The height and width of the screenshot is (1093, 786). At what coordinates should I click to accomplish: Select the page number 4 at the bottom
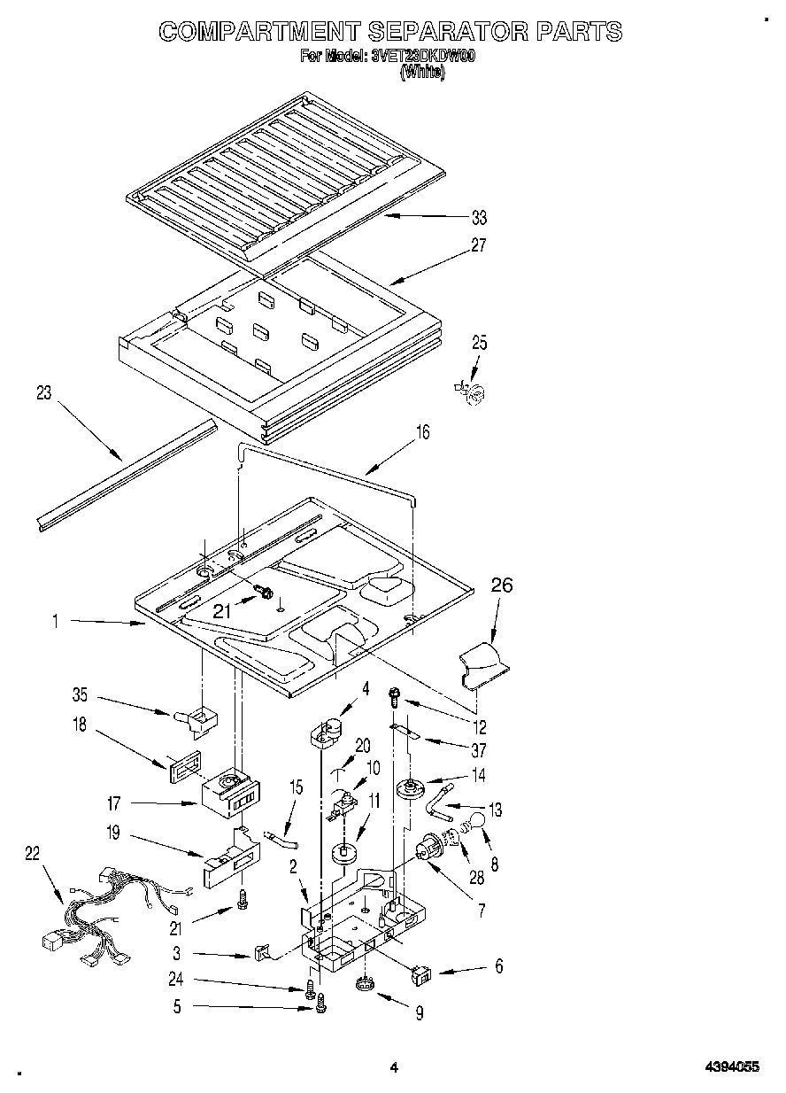(395, 1068)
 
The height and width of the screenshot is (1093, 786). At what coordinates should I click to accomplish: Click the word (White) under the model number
(422, 74)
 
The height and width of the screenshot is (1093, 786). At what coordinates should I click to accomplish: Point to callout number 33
(479, 217)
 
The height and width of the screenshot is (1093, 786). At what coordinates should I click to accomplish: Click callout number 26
(501, 586)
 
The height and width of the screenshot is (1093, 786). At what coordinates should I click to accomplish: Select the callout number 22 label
(33, 852)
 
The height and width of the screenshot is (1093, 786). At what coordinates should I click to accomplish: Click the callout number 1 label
(55, 622)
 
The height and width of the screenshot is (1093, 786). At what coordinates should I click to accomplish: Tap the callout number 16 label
(423, 431)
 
